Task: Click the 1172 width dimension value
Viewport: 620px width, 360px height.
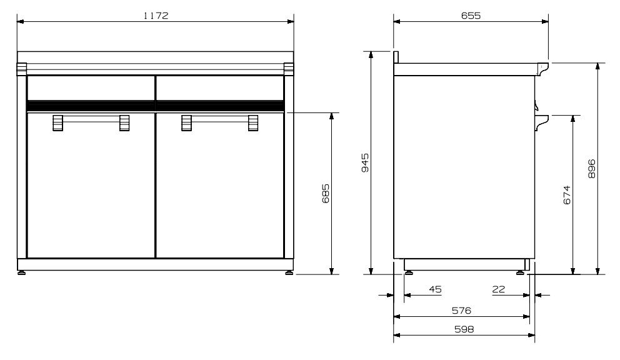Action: (x=156, y=16)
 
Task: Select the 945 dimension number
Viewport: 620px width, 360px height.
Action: (x=366, y=164)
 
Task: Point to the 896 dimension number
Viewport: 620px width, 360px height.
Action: (x=591, y=169)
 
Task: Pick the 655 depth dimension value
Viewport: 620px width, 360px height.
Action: (x=471, y=16)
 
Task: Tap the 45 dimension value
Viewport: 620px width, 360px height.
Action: (x=435, y=289)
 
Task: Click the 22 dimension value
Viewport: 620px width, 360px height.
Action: (x=498, y=289)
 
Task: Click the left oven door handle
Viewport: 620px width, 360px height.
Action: (x=91, y=123)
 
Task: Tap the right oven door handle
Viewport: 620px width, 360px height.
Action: (x=219, y=123)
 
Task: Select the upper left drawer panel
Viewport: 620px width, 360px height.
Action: (x=91, y=87)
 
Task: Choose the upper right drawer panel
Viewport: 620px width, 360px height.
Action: (x=219, y=87)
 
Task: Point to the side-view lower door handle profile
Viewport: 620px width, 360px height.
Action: (x=542, y=120)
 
